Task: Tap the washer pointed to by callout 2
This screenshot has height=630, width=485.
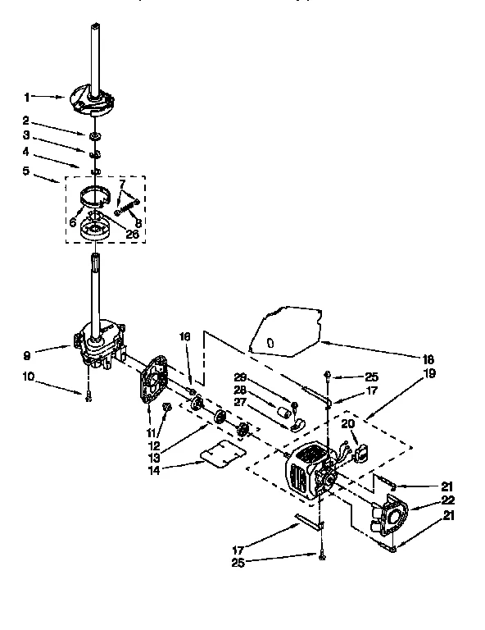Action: coord(97,133)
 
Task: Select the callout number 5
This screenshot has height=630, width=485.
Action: coord(25,171)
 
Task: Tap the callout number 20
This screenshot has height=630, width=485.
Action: coord(347,423)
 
